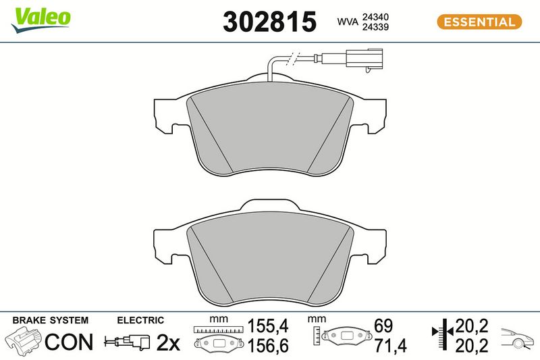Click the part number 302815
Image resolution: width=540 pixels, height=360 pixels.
tap(269, 22)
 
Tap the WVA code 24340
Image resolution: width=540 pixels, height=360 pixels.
tap(375, 17)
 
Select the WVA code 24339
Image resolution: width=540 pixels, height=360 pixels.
tap(375, 27)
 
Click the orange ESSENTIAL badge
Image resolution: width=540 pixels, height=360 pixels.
tap(479, 22)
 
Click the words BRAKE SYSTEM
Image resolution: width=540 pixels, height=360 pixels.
tap(50, 320)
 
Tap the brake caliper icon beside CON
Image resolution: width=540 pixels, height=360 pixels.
tap(24, 342)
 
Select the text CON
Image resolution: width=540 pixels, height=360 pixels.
tap(69, 342)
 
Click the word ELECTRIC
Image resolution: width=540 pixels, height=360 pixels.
tap(140, 320)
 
